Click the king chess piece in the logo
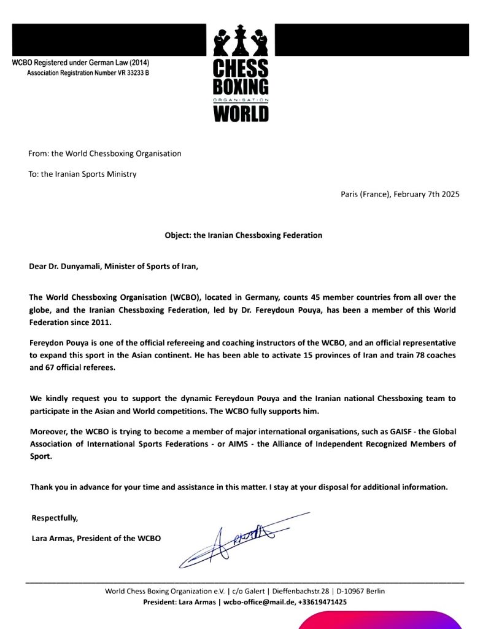(x=240, y=40)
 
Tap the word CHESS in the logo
(x=241, y=68)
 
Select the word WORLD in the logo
(x=241, y=114)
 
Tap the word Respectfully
(x=55, y=518)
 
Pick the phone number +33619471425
(x=322, y=602)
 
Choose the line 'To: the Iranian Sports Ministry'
(x=82, y=174)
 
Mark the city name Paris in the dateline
(x=350, y=194)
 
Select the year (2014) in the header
(x=138, y=63)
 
